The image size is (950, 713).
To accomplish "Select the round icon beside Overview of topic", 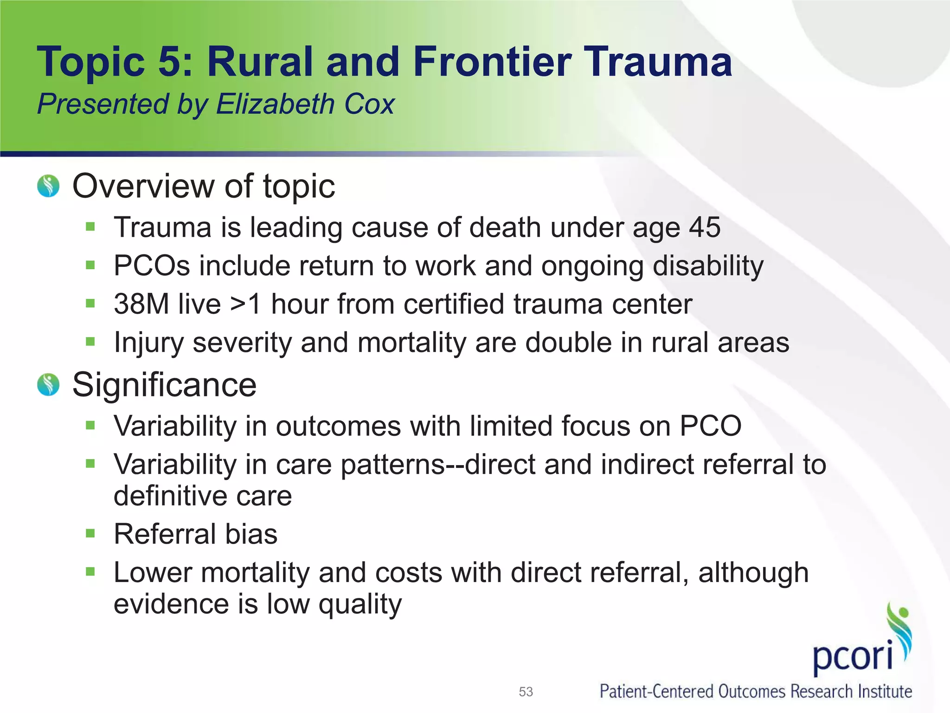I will click(48, 186).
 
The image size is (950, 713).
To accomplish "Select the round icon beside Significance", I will click(48, 385).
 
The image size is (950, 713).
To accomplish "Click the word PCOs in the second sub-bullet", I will click(152, 266).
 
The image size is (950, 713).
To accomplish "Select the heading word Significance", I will click(164, 385).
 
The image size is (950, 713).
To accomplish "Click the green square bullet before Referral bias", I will click(90, 533).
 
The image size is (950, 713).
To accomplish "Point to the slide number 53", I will click(526, 692).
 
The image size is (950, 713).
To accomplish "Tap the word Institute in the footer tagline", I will click(885, 692).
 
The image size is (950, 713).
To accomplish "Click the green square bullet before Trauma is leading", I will click(90, 227).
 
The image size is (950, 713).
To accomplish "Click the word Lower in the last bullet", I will click(153, 572).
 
